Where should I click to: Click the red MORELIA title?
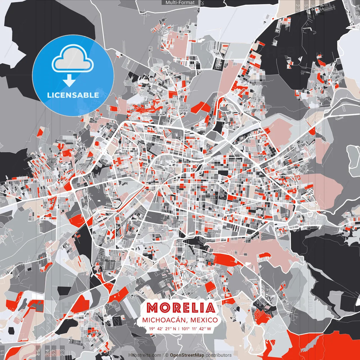click(x=181, y=308)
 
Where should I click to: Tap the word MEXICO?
click(x=204, y=320)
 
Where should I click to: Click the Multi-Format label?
click(x=180, y=3)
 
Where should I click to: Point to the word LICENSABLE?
click(x=73, y=95)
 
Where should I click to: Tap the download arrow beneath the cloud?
click(x=69, y=81)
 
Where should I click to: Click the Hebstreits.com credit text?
click(x=145, y=355)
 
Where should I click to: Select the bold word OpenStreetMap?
click(x=187, y=355)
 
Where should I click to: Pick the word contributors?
click(x=219, y=355)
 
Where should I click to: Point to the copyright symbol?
click(x=167, y=355)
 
